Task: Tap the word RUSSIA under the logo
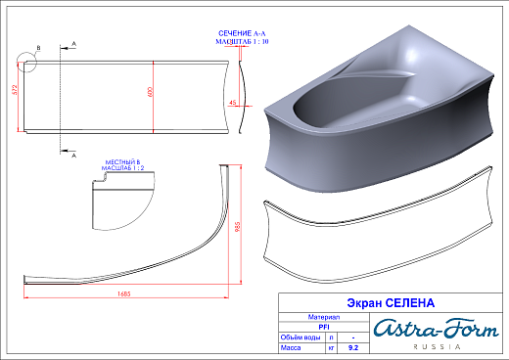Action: coord(434,348)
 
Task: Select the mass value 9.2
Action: coord(353,346)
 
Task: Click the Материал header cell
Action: coord(324,317)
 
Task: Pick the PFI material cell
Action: coord(324,327)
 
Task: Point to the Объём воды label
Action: coord(301,337)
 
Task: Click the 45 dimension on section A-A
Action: coord(232,103)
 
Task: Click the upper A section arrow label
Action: coord(74,44)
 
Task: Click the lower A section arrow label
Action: coord(74,154)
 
